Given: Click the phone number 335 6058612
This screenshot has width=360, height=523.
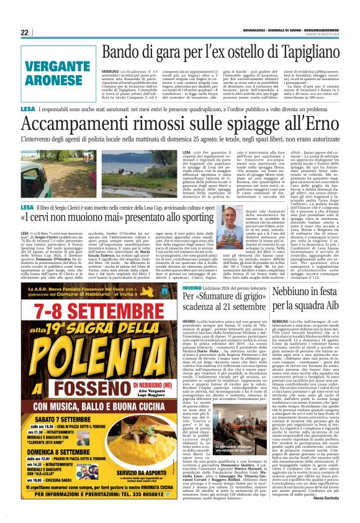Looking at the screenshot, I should click(x=130, y=496).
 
